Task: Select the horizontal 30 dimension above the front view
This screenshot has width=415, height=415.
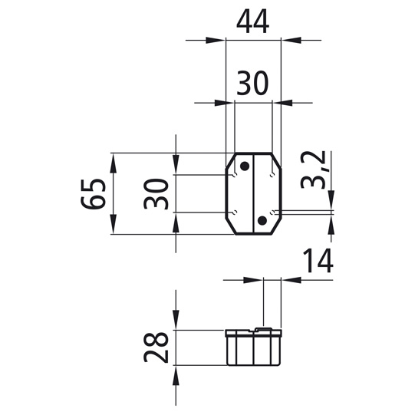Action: (252, 83)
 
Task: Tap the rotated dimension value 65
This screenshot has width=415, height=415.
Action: (93, 193)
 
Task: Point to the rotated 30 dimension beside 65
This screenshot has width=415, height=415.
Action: (156, 193)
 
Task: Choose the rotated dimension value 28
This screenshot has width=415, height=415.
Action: (156, 348)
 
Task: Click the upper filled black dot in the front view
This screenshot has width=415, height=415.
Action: (244, 166)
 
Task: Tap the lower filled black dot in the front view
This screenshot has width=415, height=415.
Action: (262, 221)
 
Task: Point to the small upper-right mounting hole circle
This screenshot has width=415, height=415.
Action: (272, 176)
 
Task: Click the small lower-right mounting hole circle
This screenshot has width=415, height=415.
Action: (272, 212)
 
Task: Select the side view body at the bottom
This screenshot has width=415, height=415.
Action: (253, 350)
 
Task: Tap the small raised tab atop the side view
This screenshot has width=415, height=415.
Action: (262, 330)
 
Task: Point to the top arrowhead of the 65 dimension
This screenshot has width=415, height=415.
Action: (113, 160)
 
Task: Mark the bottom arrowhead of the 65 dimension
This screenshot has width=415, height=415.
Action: (113, 228)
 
